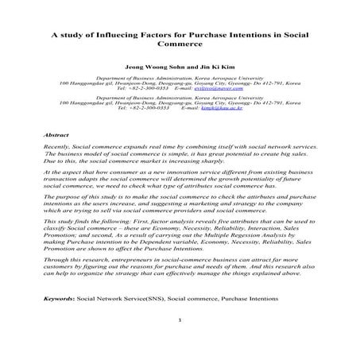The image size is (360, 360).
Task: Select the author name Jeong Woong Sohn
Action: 149,68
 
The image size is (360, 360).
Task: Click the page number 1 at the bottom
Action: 181,343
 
